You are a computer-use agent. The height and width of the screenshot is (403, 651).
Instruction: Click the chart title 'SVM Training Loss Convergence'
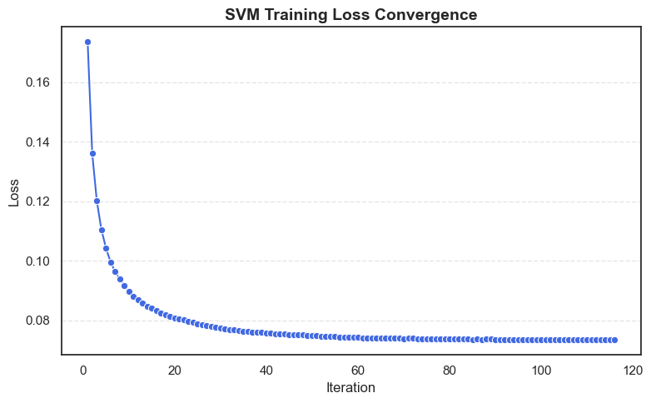(350, 14)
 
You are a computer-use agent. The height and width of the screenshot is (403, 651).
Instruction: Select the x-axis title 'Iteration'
(350, 388)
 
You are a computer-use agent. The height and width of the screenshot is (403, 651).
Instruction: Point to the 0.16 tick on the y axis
(37, 82)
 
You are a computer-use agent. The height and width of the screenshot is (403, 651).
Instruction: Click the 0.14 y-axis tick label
(37, 142)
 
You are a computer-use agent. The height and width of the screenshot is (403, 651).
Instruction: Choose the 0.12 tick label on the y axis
(37, 201)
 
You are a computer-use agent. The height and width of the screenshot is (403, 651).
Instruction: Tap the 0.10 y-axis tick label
(37, 261)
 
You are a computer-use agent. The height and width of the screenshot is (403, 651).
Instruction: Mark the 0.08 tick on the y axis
(37, 321)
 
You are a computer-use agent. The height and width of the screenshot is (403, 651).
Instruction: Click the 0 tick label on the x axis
(83, 370)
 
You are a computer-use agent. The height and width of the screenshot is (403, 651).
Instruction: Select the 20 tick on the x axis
(175, 370)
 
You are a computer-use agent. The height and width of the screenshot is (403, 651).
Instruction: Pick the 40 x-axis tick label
(266, 370)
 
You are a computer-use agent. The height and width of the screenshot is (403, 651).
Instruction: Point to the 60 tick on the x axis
(358, 370)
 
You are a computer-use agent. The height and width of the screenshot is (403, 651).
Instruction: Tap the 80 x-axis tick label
(450, 370)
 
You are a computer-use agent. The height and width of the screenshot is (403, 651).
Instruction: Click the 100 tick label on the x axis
(541, 370)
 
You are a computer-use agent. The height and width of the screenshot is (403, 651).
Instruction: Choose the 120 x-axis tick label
(633, 370)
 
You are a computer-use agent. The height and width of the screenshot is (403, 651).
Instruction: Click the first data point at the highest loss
(87, 42)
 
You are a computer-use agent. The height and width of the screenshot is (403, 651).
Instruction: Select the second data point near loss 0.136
(92, 153)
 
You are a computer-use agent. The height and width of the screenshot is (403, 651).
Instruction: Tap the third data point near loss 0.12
(97, 201)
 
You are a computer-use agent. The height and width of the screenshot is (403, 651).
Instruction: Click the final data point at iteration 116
(614, 340)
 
